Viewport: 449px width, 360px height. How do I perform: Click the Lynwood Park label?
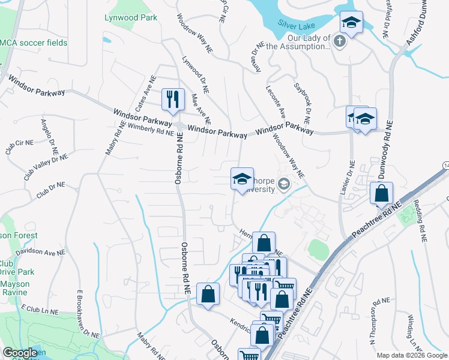coord(131,17)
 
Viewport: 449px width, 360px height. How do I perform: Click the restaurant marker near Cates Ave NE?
coord(173,100)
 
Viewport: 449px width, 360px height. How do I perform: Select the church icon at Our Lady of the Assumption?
coord(340,41)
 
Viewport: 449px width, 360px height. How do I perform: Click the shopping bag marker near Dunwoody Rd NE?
coord(381,193)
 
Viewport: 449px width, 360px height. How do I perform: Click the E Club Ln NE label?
coord(40,311)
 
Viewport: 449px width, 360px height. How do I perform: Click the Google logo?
coord(20,353)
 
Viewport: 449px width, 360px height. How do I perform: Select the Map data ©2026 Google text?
coord(411,355)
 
